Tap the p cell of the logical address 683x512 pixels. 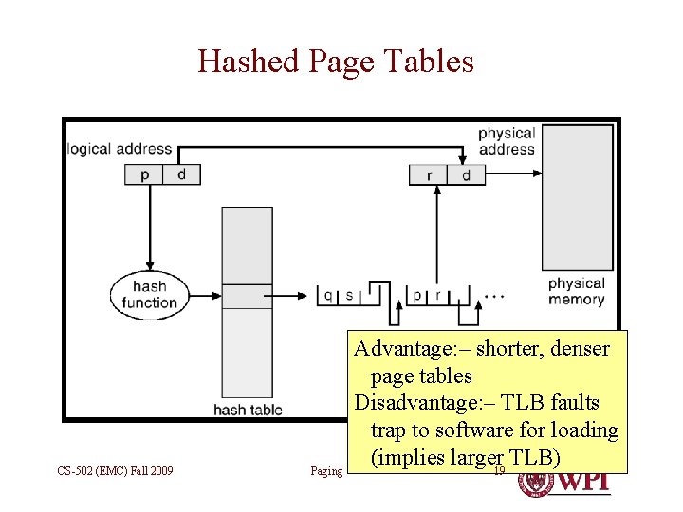tap(144, 174)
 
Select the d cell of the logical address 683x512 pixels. tap(181, 174)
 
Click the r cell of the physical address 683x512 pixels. tap(429, 175)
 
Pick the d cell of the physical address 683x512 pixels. tap(466, 175)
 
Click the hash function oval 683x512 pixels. tap(149, 295)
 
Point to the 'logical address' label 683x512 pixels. tap(120, 149)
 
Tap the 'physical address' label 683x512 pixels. tap(506, 141)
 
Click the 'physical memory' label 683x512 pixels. tap(576, 291)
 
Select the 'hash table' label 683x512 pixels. tap(248, 410)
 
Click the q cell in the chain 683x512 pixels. tap(328, 296)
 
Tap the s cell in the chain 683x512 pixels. tap(349, 296)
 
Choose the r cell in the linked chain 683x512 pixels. tap(437, 296)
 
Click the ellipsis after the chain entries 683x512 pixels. tap(493, 296)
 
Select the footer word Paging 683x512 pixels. tap(326, 471)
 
